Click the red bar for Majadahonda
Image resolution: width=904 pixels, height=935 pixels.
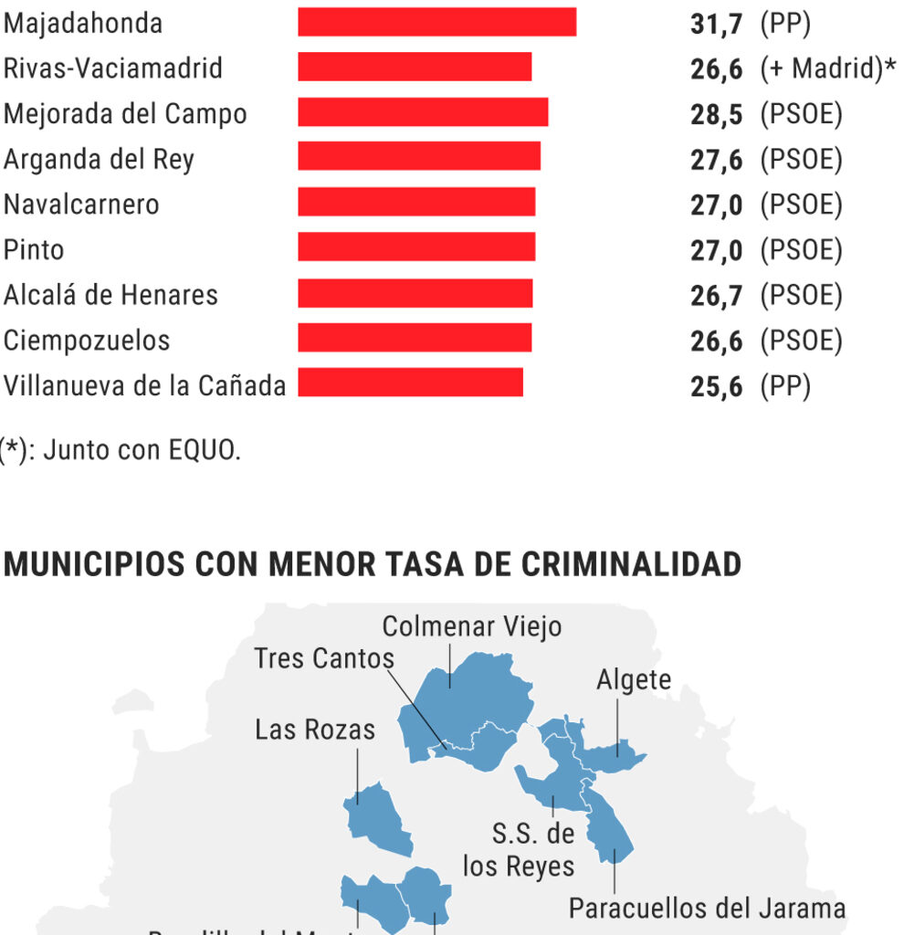[x=436, y=23]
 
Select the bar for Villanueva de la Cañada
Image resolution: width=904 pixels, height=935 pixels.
[x=410, y=383]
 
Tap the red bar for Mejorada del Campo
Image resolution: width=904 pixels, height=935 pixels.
[x=423, y=112]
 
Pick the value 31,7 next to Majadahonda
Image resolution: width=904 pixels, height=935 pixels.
[x=716, y=24]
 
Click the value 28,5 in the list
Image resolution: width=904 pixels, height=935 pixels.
[x=716, y=114]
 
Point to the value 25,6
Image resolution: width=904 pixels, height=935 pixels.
[x=716, y=386]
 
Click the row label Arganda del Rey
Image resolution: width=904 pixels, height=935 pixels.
[x=99, y=159]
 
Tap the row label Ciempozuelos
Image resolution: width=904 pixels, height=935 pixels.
[x=87, y=341]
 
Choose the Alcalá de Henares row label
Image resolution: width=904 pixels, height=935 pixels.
[x=110, y=295]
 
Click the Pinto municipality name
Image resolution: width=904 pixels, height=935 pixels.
[x=34, y=249]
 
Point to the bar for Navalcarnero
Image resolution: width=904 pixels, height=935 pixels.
[x=416, y=203]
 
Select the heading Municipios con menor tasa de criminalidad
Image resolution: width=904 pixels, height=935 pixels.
[x=373, y=564]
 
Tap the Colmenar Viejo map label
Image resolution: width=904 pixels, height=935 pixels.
[x=471, y=626]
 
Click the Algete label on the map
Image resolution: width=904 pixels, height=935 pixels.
[x=633, y=679]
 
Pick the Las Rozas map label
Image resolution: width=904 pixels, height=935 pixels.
[x=315, y=730]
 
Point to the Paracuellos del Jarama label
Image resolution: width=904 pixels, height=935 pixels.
[x=706, y=908]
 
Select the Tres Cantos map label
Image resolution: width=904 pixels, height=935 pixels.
[x=324, y=657]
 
